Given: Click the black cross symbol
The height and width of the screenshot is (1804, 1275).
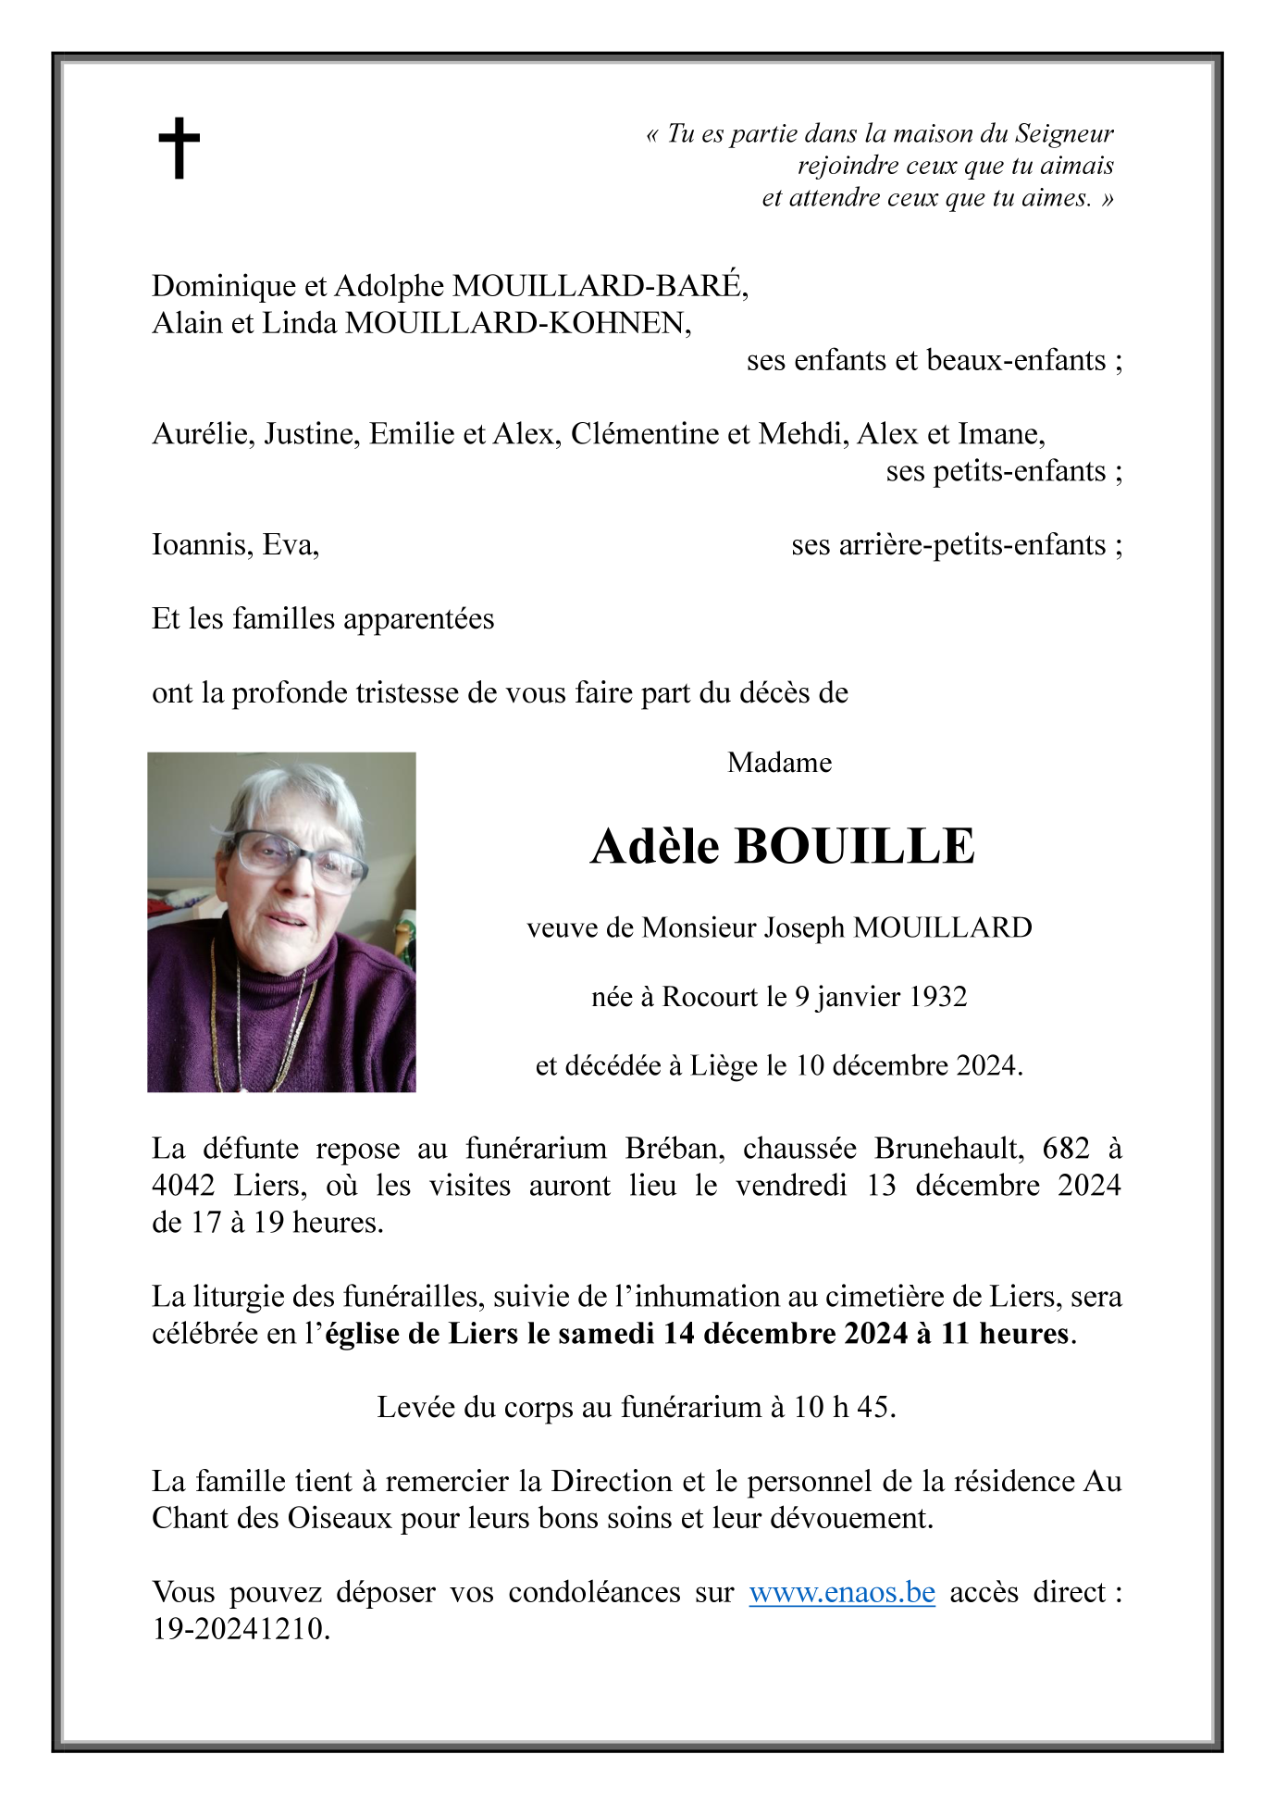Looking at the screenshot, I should (179, 147).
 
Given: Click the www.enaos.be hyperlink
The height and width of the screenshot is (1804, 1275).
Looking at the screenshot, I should (841, 1592).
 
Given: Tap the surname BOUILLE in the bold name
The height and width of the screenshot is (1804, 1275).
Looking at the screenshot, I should (854, 846).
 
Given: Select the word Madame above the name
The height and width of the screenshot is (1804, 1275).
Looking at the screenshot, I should (779, 763).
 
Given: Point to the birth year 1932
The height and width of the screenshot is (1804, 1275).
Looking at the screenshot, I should (937, 997).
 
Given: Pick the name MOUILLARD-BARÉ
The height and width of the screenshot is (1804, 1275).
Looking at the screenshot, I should (598, 286).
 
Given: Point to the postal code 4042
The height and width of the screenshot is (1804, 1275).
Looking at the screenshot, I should (183, 1186).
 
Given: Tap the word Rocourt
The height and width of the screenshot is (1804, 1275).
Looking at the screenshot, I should (710, 997).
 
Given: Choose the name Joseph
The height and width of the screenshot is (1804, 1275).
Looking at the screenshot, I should (803, 927).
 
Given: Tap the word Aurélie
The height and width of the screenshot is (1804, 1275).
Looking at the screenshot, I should (202, 434).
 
